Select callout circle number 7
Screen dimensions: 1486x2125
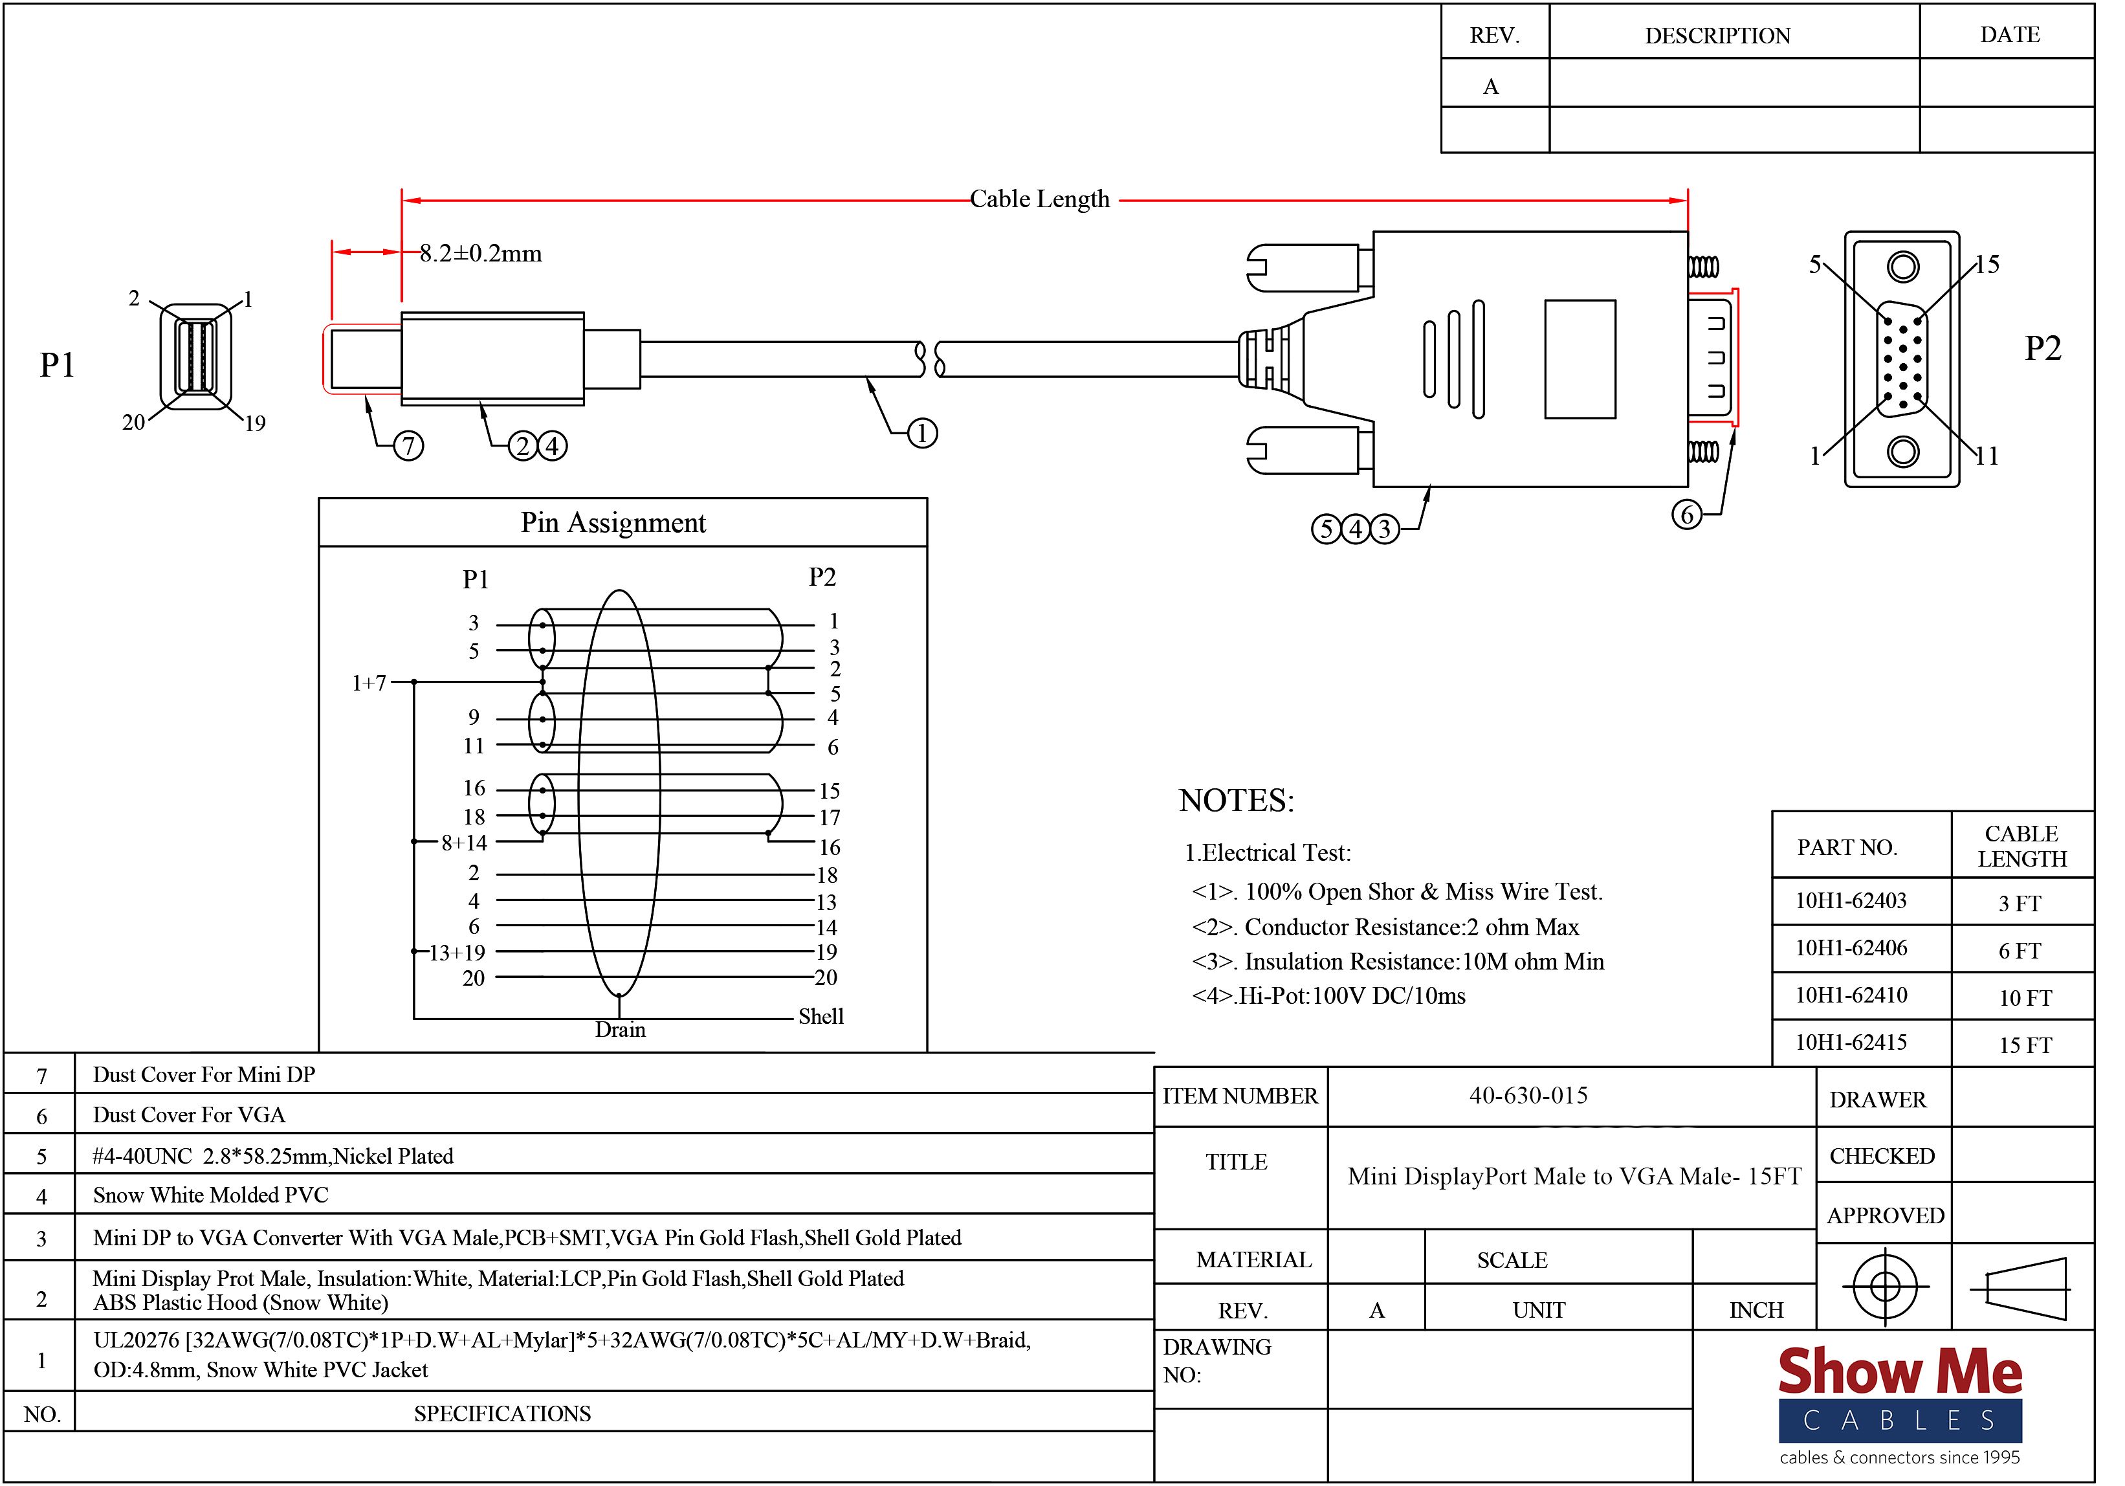click(x=408, y=447)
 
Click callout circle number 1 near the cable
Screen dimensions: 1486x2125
click(x=922, y=433)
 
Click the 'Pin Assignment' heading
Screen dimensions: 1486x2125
click(x=613, y=523)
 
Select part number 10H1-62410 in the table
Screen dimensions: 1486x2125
click(x=1851, y=995)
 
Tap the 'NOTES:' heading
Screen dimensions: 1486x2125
click(x=1237, y=801)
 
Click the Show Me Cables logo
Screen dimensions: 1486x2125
click(x=1900, y=1406)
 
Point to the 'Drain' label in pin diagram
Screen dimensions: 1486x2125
click(x=620, y=1030)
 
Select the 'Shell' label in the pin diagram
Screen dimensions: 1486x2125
click(x=821, y=1017)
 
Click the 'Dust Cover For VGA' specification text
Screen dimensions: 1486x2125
click(x=189, y=1114)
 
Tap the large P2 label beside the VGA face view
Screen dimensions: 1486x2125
click(x=2043, y=349)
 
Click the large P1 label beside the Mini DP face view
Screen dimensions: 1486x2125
click(x=58, y=365)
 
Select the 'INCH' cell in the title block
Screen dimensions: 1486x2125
click(x=1756, y=1310)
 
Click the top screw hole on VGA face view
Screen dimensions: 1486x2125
click(x=1903, y=267)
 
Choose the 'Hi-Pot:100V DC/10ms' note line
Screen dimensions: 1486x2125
click(x=1329, y=996)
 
